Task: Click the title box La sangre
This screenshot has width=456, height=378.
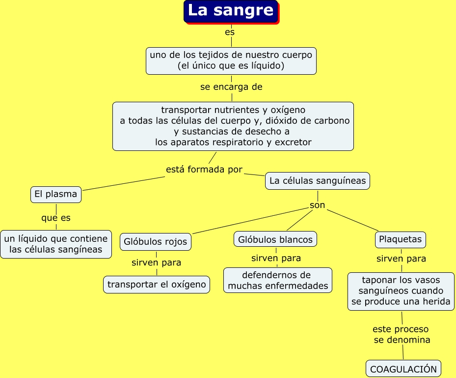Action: tap(231, 11)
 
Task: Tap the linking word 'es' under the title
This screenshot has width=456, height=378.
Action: tap(230, 32)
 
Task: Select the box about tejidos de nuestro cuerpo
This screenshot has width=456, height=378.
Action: tap(231, 60)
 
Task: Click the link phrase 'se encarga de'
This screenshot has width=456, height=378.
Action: tap(231, 87)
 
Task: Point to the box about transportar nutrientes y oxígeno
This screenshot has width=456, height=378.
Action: tap(233, 126)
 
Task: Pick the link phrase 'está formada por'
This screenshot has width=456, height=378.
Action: tap(204, 170)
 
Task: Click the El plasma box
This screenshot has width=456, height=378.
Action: tap(55, 194)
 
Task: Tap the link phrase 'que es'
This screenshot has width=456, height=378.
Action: tap(56, 218)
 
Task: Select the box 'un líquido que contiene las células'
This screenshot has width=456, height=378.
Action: tap(56, 244)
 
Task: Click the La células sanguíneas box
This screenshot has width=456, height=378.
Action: tap(318, 181)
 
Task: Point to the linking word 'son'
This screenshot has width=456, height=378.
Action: tap(317, 205)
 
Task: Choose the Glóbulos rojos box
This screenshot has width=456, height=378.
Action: tap(156, 241)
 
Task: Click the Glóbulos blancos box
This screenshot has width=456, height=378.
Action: tap(275, 239)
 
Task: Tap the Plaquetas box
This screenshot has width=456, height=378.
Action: tap(401, 239)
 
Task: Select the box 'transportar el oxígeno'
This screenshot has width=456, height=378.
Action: tap(157, 285)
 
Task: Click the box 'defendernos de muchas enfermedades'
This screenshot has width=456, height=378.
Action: tap(278, 280)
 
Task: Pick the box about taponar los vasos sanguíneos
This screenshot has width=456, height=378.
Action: tap(402, 291)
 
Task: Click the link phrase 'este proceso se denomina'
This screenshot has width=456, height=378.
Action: tap(401, 334)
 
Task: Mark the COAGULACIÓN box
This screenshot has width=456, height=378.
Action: tap(403, 369)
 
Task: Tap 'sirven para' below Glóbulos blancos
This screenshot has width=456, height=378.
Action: tap(276, 258)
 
